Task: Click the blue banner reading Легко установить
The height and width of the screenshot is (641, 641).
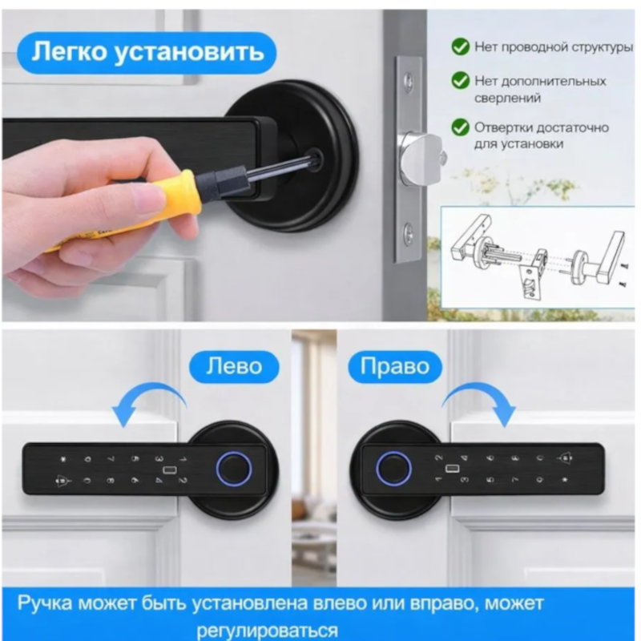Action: pyautogui.click(x=148, y=53)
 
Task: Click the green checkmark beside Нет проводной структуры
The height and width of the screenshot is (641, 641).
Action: pyautogui.click(x=460, y=47)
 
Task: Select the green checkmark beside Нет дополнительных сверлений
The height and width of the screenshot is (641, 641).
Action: pyautogui.click(x=460, y=81)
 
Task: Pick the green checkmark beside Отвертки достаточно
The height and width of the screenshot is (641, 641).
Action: pyautogui.click(x=460, y=127)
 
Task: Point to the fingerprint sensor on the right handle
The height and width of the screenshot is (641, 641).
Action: pyautogui.click(x=391, y=466)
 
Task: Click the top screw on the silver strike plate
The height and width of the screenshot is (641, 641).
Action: pyautogui.click(x=409, y=79)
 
